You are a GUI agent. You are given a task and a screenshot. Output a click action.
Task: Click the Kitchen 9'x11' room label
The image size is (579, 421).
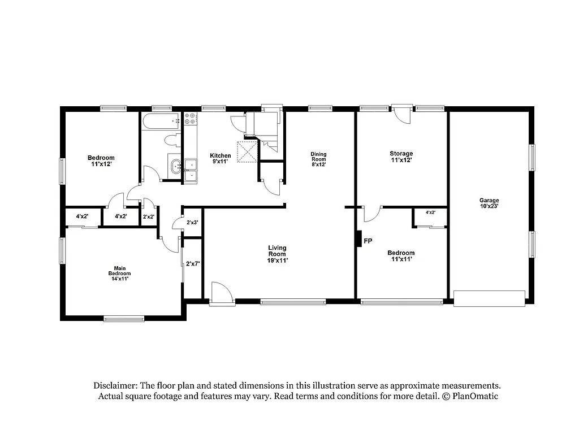(x=220, y=159)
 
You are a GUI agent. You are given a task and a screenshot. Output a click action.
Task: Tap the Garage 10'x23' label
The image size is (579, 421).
(x=489, y=203)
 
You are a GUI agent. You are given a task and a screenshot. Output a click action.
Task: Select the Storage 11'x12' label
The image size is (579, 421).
(x=401, y=157)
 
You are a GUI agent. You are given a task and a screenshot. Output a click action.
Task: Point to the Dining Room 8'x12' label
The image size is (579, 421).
(x=318, y=160)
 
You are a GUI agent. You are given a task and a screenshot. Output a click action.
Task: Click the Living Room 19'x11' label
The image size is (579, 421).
(x=277, y=254)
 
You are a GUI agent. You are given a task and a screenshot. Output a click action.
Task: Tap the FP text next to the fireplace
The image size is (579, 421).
(x=368, y=241)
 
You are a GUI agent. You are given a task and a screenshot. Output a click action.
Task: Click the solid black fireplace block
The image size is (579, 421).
(x=358, y=238)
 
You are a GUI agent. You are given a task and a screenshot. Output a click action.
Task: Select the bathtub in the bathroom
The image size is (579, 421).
(x=161, y=121)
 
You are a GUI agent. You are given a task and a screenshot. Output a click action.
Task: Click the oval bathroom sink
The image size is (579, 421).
(x=176, y=166)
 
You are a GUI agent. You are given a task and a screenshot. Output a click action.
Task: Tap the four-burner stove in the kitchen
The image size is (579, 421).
(x=190, y=119)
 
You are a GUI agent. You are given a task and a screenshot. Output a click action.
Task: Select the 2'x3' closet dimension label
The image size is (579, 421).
(x=193, y=223)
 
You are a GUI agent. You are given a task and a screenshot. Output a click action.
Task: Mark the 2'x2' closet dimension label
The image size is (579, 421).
(x=149, y=216)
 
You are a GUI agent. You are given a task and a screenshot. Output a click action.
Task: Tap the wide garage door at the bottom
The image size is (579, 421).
(x=489, y=298)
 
